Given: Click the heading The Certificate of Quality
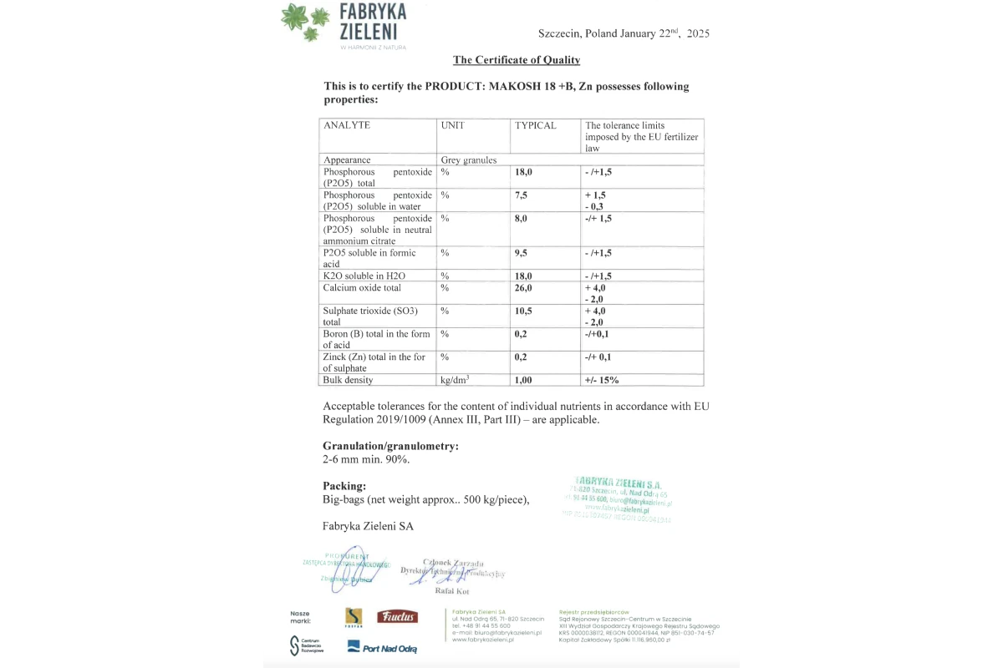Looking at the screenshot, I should (x=516, y=60).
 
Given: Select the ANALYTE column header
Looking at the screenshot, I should (x=347, y=125).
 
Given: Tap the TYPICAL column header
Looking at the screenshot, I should (x=535, y=125).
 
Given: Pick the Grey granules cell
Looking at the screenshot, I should (x=469, y=159).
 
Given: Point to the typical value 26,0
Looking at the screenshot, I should (x=525, y=287).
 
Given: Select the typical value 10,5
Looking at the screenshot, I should (x=525, y=311).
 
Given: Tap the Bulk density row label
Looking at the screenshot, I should (x=349, y=380).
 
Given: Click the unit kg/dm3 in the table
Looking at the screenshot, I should (x=455, y=380).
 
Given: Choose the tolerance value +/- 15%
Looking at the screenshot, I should (x=602, y=380).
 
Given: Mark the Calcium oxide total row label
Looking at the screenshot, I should (x=362, y=287).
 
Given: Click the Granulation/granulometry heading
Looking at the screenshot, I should (x=390, y=446).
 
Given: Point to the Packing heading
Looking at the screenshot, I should (x=344, y=485).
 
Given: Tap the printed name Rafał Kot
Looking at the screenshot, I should (x=452, y=591).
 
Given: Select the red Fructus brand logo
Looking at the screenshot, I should (x=397, y=617).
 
